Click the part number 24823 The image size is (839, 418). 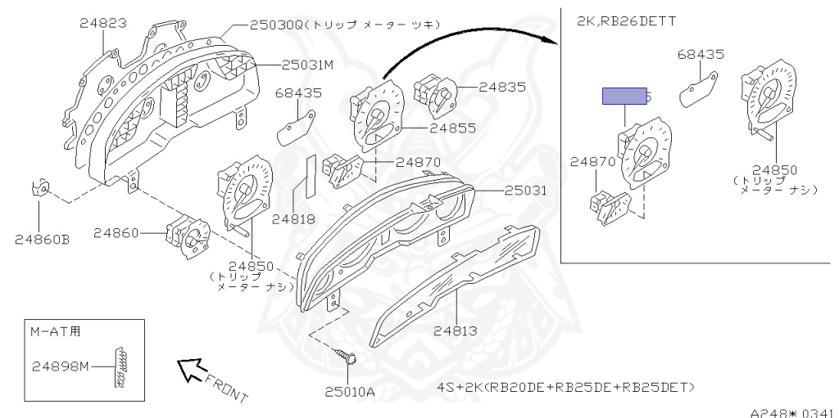coord(102,24)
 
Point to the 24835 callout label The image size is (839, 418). coord(501,86)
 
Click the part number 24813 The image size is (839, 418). coord(456,331)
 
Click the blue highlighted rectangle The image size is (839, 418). coord(625,97)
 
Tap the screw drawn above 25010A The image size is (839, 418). coord(347,357)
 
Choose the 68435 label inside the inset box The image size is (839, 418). coord(701,55)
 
